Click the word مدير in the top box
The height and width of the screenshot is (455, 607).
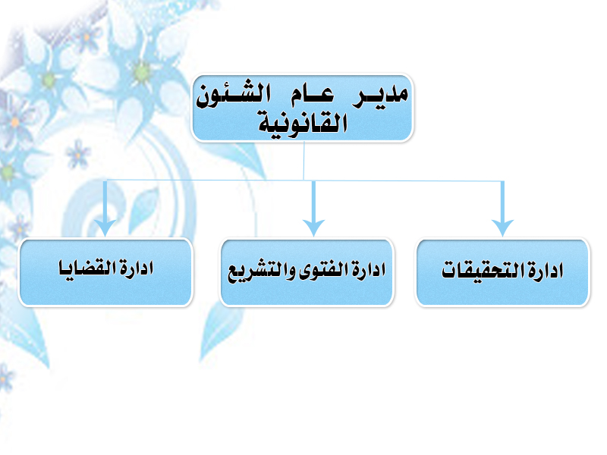tap(381, 96)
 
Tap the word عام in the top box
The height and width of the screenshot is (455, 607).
tap(313, 96)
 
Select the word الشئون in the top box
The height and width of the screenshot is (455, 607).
tap(234, 95)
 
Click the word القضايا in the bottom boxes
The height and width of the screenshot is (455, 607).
tap(87, 268)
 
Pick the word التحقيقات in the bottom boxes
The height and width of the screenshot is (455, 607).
tap(484, 270)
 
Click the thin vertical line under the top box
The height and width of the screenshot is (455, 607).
tap(304, 161)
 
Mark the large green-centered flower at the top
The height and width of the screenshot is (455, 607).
tap(141, 71)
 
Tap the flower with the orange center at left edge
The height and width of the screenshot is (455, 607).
tap(14, 122)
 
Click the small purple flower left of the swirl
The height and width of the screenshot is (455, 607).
tap(78, 155)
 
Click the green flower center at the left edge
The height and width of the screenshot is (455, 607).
tap(7, 172)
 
